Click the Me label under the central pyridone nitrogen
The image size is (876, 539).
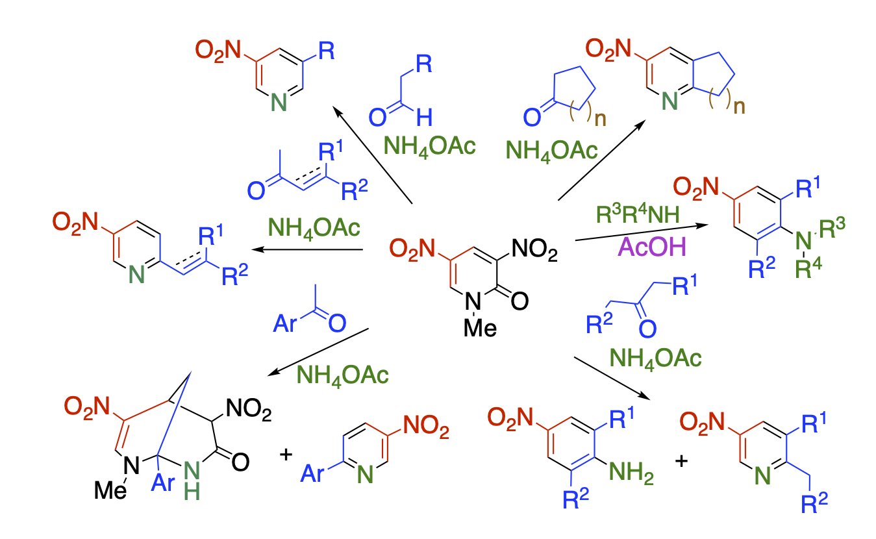pyautogui.click(x=480, y=327)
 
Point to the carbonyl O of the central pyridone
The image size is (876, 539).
pyautogui.click(x=519, y=301)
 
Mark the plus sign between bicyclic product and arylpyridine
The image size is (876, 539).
pyautogui.click(x=284, y=454)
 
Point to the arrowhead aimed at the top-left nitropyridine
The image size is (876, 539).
pyautogui.click(x=337, y=111)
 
